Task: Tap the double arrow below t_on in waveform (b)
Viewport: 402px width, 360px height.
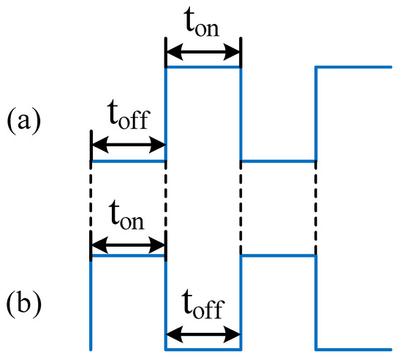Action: pyautogui.click(x=128, y=241)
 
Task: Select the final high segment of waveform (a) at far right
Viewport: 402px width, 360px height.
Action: pyautogui.click(x=354, y=67)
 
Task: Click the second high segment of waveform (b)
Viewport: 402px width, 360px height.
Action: pyautogui.click(x=278, y=255)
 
